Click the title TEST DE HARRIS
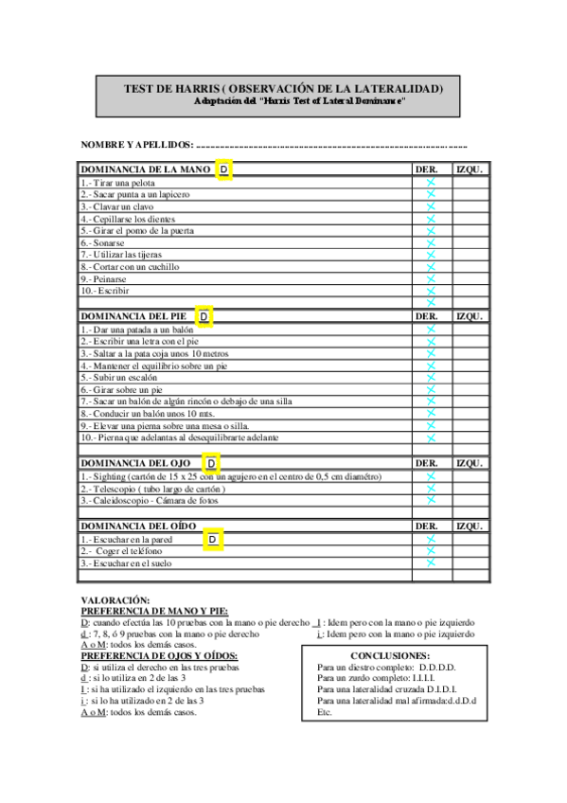tap(283, 88)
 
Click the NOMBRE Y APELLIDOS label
tap(136, 145)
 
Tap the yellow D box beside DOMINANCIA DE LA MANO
tap(223, 170)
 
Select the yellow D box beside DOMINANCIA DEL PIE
tap(204, 315)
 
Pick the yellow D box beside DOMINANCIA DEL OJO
tap(211, 463)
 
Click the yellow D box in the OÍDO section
tap(213, 539)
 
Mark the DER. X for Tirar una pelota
tap(430, 182)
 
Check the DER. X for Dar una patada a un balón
tap(430, 329)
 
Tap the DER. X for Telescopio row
tap(430, 488)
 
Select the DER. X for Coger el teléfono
tap(430, 550)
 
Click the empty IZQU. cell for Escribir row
tap(470, 291)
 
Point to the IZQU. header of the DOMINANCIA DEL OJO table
tap(470, 463)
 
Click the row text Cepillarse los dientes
tap(128, 219)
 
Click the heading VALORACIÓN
tap(115, 600)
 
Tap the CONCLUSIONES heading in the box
tap(389, 655)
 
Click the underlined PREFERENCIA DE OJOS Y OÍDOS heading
tap(159, 655)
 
